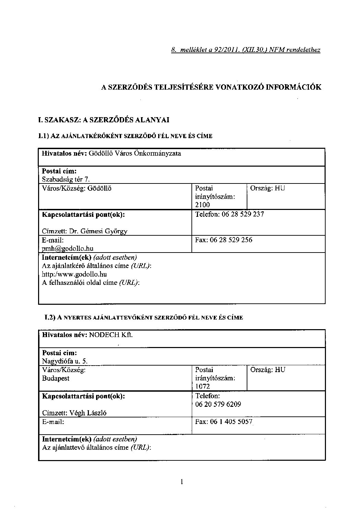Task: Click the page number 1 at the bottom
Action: pyautogui.click(x=181, y=482)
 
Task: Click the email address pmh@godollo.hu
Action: pyautogui.click(x=68, y=248)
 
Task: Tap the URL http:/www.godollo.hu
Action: pyautogui.click(x=74, y=274)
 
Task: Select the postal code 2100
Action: pyautogui.click(x=202, y=205)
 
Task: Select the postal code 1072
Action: pyautogui.click(x=202, y=386)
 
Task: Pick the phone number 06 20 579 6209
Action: pyautogui.click(x=218, y=404)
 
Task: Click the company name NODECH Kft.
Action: pyautogui.click(x=111, y=335)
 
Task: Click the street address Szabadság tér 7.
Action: pyautogui.click(x=66, y=179)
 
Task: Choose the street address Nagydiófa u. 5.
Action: pyautogui.click(x=65, y=361)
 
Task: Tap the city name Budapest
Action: pyautogui.click(x=56, y=378)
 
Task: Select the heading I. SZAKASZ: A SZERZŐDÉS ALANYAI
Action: pyautogui.click(x=104, y=120)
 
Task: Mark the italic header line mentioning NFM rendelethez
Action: pyautogui.click(x=246, y=50)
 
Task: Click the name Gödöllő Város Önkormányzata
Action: pyautogui.click(x=135, y=154)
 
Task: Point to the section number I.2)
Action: pyautogui.click(x=50, y=318)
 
